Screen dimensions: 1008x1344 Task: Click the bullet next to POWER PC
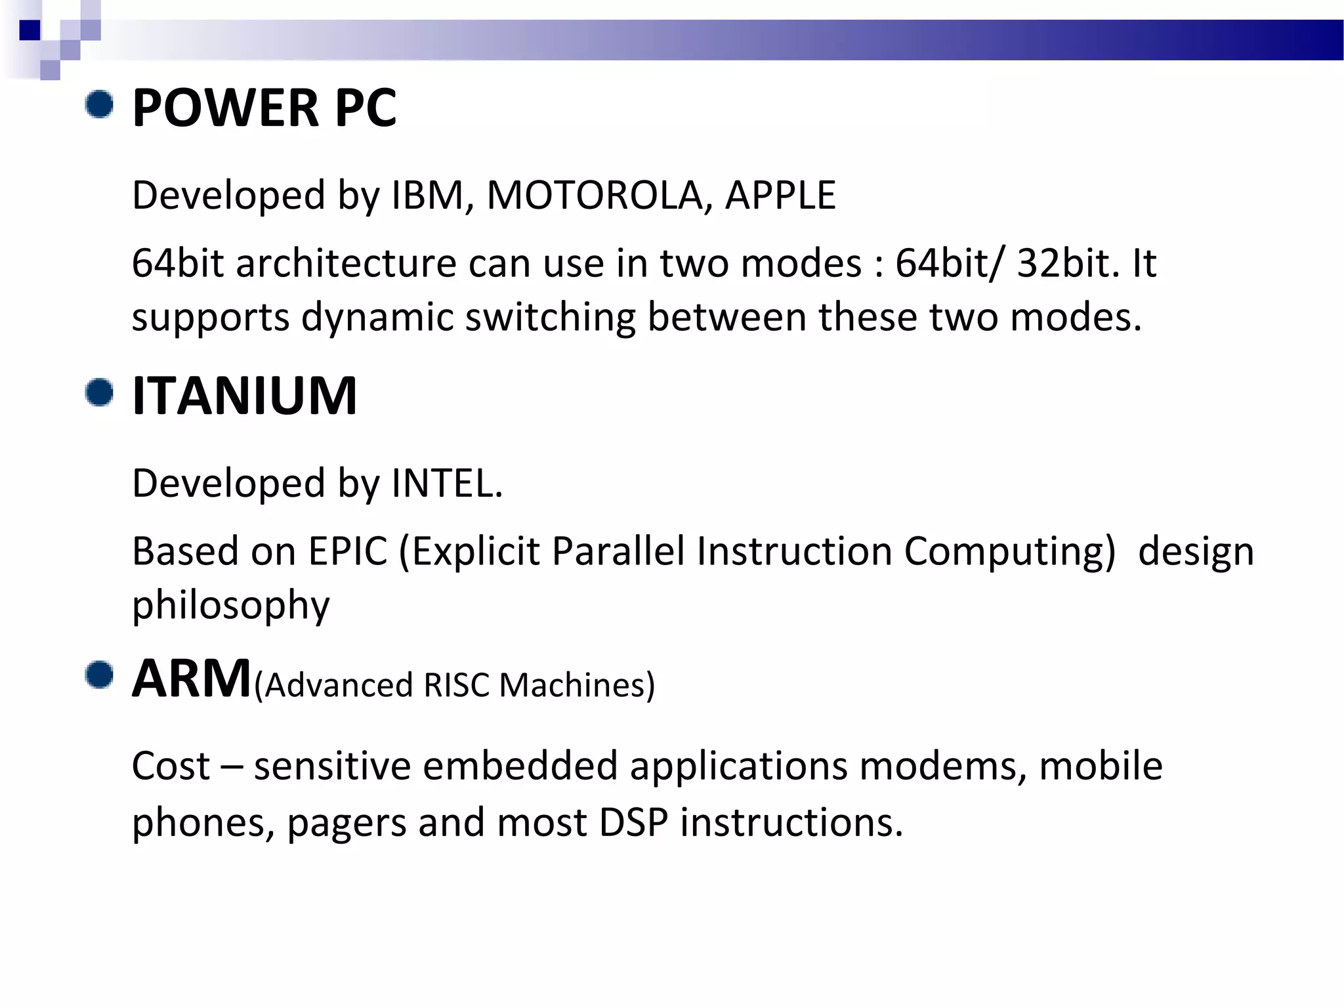[100, 105]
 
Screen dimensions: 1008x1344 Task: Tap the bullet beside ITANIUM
[100, 392]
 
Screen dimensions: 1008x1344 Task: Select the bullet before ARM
[100, 675]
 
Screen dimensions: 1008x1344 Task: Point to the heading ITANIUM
[244, 396]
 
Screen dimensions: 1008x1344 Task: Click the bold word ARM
[192, 679]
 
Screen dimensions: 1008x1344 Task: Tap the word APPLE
[780, 196]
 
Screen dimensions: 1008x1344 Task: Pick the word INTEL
[446, 484]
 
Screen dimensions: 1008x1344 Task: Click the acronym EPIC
[348, 551]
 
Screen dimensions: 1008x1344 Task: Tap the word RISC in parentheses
[456, 686]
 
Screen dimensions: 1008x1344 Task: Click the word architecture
[346, 264]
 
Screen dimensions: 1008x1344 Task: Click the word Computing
[1009, 551]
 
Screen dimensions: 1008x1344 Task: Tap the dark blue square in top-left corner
[30, 30]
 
